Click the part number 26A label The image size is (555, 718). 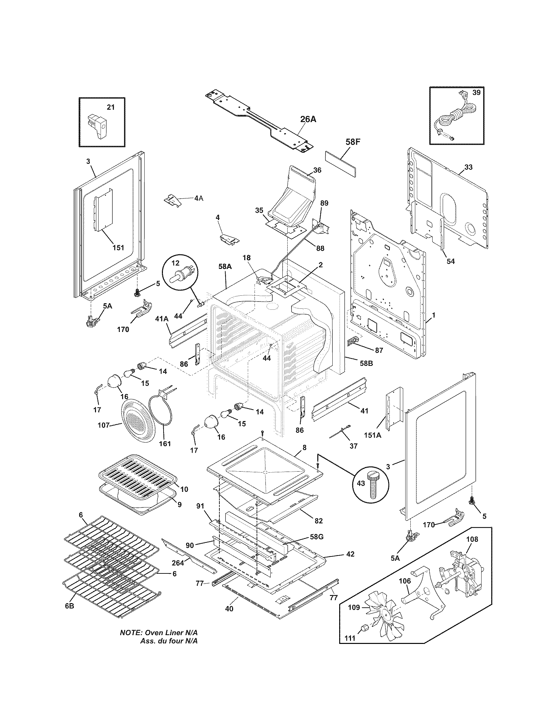308,119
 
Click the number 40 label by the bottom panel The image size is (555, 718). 229,609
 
